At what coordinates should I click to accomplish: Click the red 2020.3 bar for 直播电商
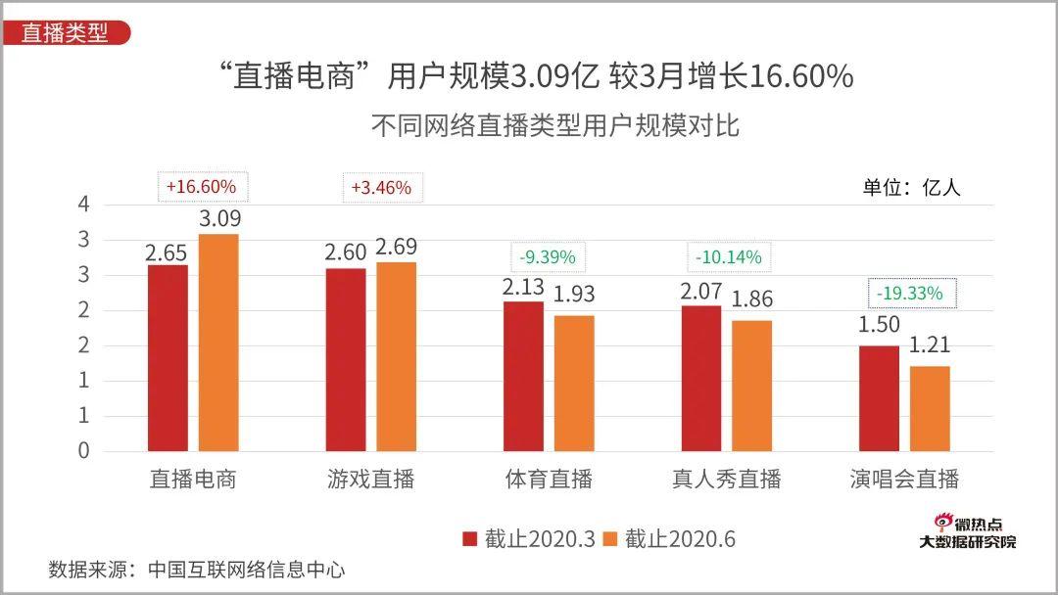(168, 358)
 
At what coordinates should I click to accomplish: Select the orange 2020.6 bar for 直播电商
(218, 343)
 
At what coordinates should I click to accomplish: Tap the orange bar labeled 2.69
(396, 356)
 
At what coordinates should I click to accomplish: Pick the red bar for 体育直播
(523, 377)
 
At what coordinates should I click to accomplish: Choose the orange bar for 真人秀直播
(752, 386)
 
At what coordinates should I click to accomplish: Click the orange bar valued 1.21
(930, 409)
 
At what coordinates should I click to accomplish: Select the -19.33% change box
(911, 293)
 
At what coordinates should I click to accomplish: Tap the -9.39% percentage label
(548, 258)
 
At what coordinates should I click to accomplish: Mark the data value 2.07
(701, 291)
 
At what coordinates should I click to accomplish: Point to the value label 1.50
(879, 325)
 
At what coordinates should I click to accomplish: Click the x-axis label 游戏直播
(371, 480)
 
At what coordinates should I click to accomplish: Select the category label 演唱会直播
(904, 480)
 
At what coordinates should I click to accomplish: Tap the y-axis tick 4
(83, 205)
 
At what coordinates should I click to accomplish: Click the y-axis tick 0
(83, 451)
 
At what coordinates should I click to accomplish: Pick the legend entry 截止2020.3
(528, 539)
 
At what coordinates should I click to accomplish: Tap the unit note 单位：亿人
(911, 188)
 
